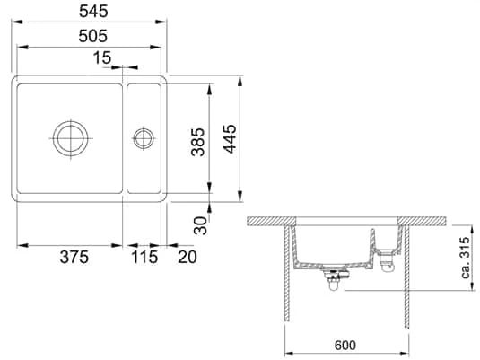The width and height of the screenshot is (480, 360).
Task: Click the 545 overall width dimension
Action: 93,12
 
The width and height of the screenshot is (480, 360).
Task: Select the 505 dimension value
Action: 93,36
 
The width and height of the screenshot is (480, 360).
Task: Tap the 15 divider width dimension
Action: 102,57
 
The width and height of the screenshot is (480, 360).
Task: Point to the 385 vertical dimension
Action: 197,142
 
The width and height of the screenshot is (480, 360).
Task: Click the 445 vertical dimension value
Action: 230,138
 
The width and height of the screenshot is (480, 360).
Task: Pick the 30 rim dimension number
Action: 201,225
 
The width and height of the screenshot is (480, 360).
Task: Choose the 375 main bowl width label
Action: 74,257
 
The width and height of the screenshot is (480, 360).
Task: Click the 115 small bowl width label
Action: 144,257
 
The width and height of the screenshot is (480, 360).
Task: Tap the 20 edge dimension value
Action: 188,257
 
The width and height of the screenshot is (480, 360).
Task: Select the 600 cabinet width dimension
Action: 345,346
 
